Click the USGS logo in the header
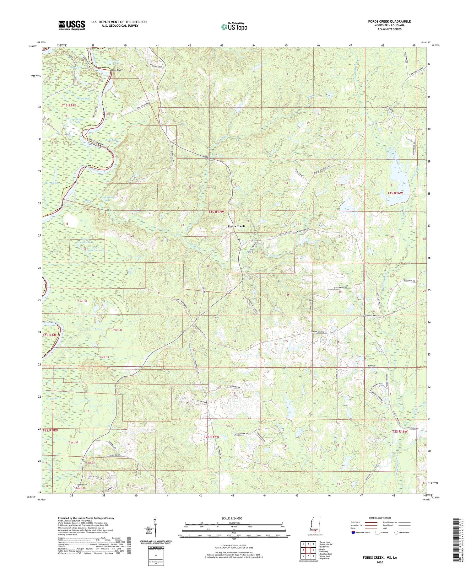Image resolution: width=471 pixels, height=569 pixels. tap(72, 25)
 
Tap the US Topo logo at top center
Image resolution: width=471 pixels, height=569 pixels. tap(234, 27)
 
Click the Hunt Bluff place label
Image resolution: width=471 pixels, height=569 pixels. tap(116, 70)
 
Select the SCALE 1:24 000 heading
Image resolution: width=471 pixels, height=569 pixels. tap(234, 518)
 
